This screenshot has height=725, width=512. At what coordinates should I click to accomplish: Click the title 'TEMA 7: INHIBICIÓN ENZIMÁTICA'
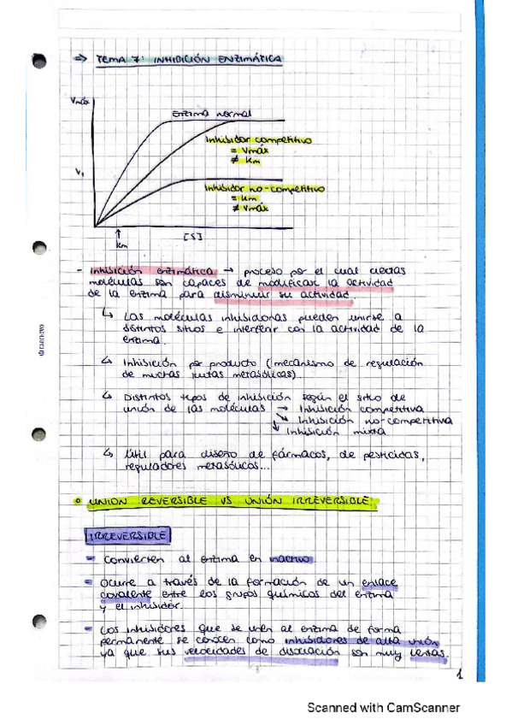pyautogui.click(x=188, y=59)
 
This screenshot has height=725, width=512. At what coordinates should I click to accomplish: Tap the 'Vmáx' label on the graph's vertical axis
pyautogui.click(x=79, y=102)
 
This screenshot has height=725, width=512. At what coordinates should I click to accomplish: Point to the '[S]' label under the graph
pyautogui.click(x=191, y=234)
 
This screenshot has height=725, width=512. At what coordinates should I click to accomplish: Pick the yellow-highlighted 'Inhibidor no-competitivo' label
pyautogui.click(x=264, y=189)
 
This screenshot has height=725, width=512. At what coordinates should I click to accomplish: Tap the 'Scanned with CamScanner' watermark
pyautogui.click(x=384, y=707)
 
